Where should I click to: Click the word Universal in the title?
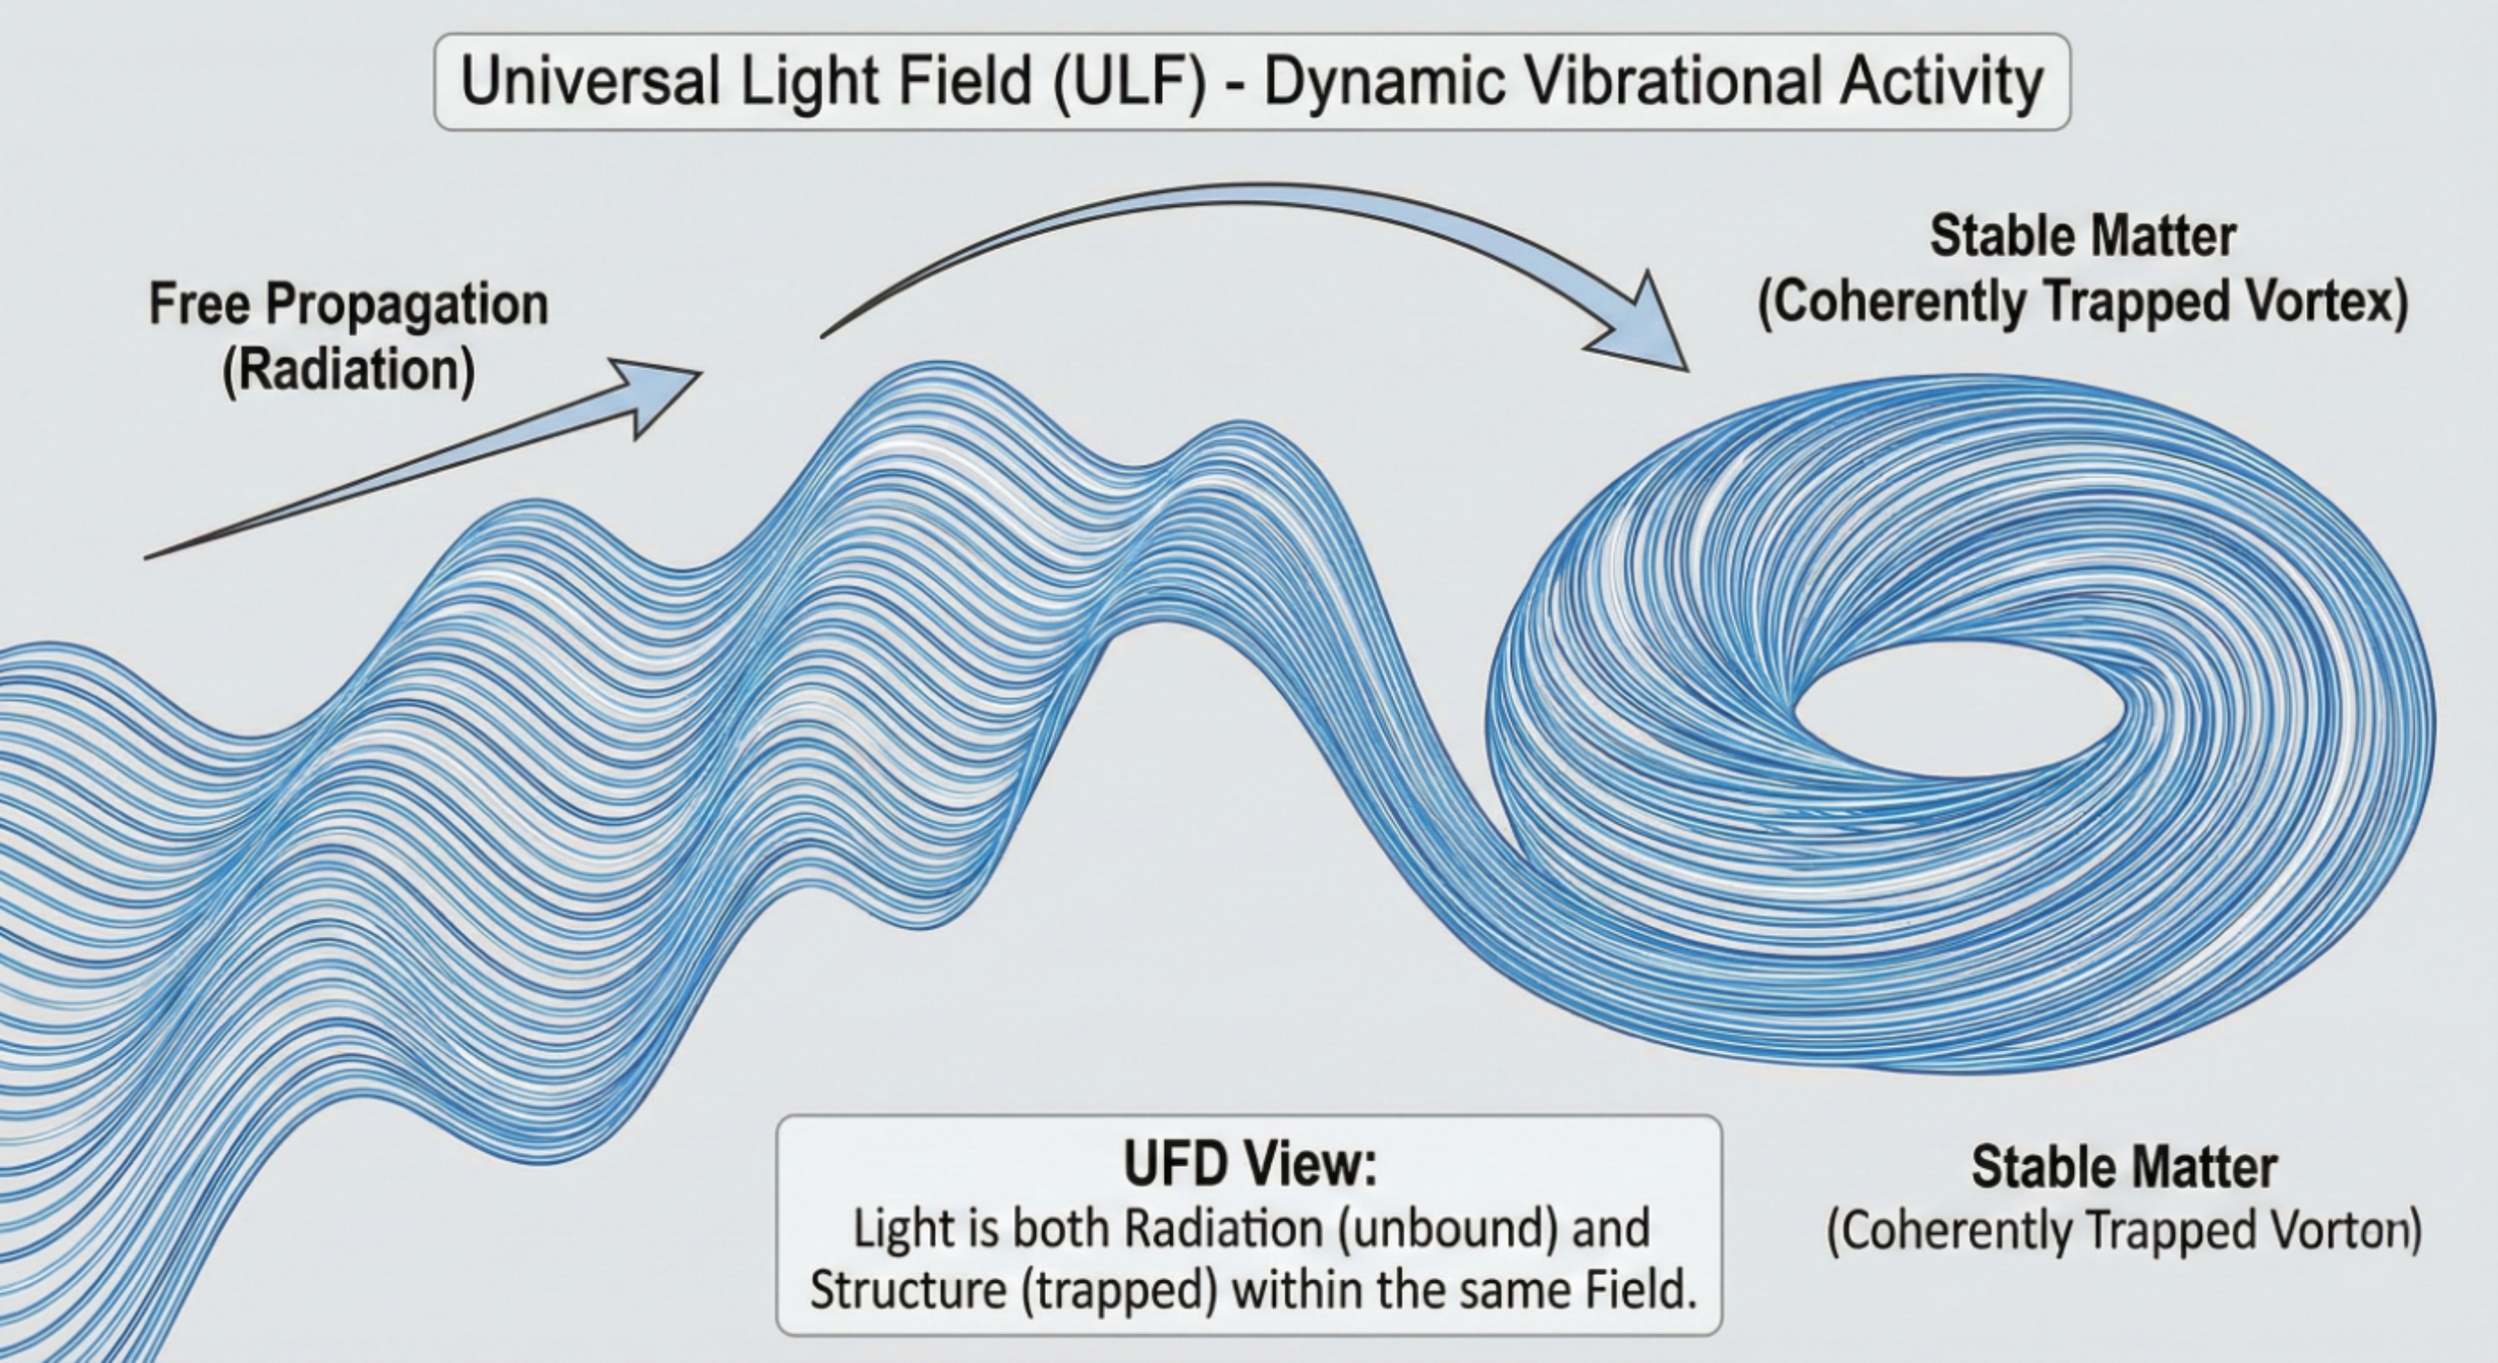(x=589, y=81)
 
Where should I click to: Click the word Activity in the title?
(x=1944, y=81)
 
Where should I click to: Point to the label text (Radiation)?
(x=348, y=371)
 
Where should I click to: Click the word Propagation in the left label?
(x=407, y=304)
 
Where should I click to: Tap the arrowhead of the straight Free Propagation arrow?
(x=654, y=395)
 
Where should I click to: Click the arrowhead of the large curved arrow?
(x=1639, y=325)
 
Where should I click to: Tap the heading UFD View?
(x=1249, y=1165)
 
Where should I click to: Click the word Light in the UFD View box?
(x=890, y=1229)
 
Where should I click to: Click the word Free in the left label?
(x=199, y=304)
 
